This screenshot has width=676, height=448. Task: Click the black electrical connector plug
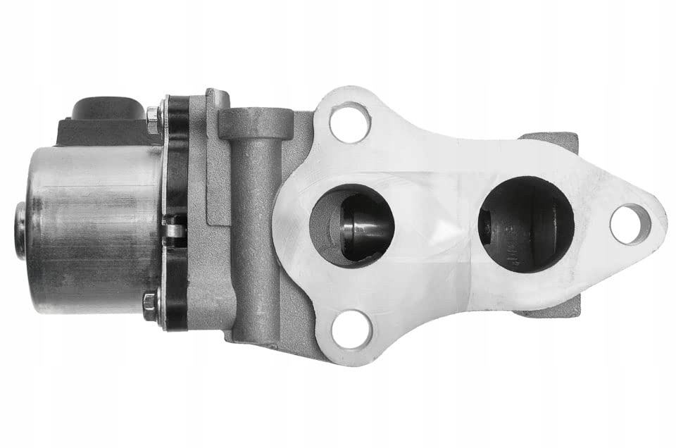click(x=106, y=116)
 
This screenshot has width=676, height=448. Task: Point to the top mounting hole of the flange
click(x=350, y=120)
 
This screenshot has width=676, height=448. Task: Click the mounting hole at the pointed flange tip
click(x=630, y=224)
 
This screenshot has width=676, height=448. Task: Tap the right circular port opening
click(x=525, y=224)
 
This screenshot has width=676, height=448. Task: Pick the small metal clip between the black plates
click(x=175, y=230)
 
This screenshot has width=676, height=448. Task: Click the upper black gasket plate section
click(x=177, y=162)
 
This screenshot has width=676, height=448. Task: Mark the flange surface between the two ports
click(x=437, y=225)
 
